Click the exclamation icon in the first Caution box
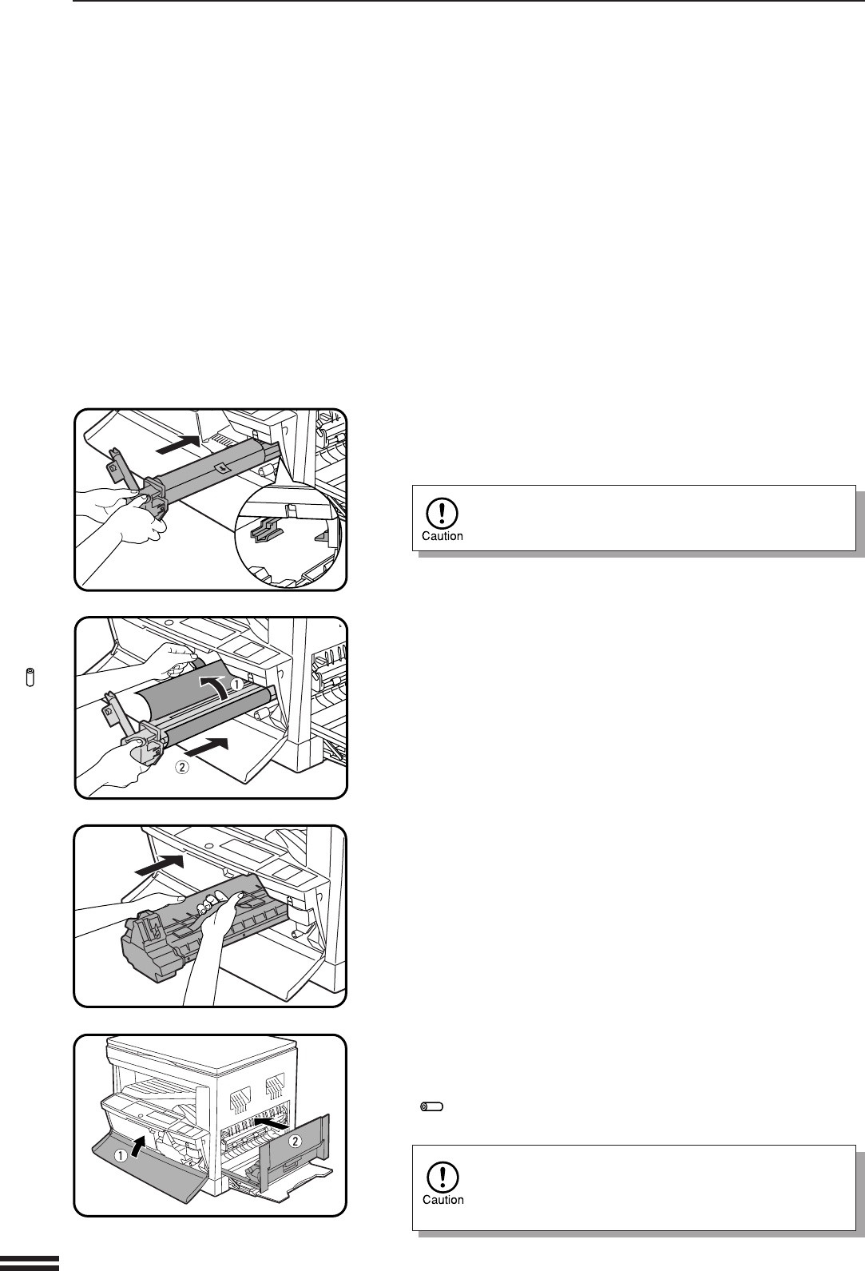pos(442,513)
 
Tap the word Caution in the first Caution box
pos(442,536)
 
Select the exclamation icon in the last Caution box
pos(442,1177)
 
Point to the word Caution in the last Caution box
pos(443,1200)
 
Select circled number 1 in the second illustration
pos(237,685)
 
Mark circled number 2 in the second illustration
pos(181,767)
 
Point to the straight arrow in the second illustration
pos(206,747)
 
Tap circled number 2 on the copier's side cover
pos(296,1142)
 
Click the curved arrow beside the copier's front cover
pos(138,1147)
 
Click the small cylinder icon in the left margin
pos(30,677)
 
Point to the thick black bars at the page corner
pos(30,1263)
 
